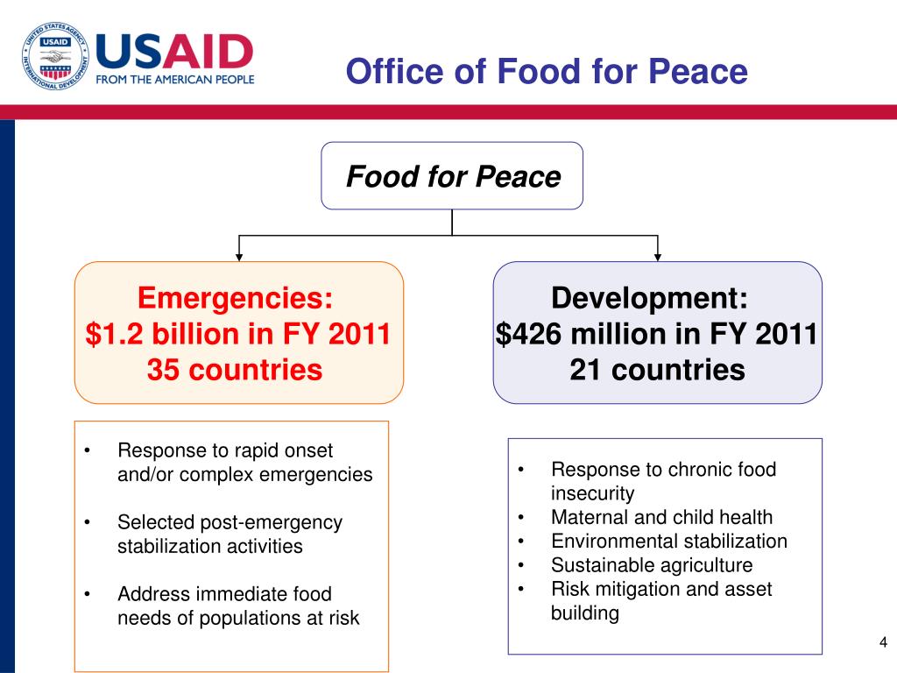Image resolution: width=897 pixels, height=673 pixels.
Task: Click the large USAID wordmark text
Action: pyautogui.click(x=174, y=51)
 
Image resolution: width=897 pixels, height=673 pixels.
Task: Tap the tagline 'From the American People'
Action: pyautogui.click(x=174, y=79)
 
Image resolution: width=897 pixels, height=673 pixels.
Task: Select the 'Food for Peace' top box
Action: pyautogui.click(x=452, y=176)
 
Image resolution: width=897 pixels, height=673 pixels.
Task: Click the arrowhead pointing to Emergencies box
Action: pyautogui.click(x=239, y=257)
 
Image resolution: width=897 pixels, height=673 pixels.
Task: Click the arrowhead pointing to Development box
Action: pyautogui.click(x=658, y=257)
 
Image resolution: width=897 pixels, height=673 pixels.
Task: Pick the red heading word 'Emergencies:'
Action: pyautogui.click(x=236, y=299)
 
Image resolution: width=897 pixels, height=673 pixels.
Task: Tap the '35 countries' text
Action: pyautogui.click(x=235, y=370)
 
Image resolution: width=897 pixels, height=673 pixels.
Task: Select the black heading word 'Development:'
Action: pyautogui.click(x=650, y=299)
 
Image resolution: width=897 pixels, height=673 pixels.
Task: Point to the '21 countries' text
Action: pyautogui.click(x=657, y=370)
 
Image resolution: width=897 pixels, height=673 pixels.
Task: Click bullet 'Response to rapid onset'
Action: pyautogui.click(x=225, y=451)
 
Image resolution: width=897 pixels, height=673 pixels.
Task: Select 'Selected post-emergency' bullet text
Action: pyautogui.click(x=230, y=522)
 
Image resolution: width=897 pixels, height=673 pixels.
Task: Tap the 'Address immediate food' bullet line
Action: pyautogui.click(x=224, y=594)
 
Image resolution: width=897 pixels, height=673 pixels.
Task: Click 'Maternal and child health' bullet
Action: pyautogui.click(x=661, y=517)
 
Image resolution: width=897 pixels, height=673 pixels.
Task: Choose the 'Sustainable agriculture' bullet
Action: pyautogui.click(x=651, y=565)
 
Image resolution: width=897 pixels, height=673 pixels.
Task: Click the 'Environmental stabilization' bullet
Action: pyautogui.click(x=668, y=541)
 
